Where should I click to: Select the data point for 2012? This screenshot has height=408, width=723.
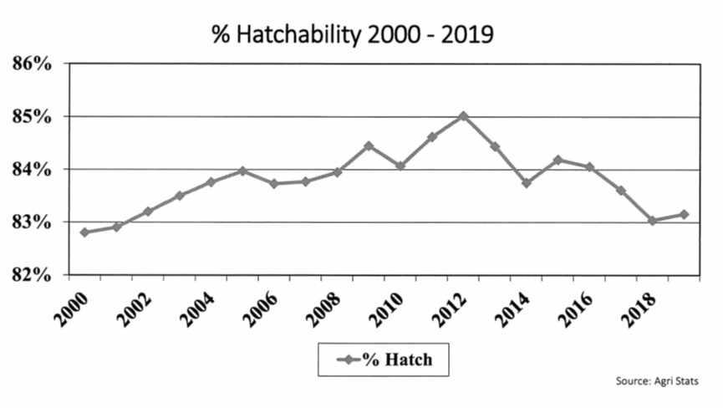463,115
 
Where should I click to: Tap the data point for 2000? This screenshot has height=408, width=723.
84,232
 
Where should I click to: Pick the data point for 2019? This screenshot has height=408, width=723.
684,214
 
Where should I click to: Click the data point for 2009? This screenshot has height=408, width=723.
369,145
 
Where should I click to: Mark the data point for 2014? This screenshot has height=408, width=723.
527,182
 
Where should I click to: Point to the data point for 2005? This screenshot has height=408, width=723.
242,171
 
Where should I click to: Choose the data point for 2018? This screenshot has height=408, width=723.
652,221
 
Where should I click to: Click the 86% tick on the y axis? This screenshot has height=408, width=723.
33,64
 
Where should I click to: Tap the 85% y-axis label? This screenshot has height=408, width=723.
33,116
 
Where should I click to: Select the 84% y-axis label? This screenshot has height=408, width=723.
33,170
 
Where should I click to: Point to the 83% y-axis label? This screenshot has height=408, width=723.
33,222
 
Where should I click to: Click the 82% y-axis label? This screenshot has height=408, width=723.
33,275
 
